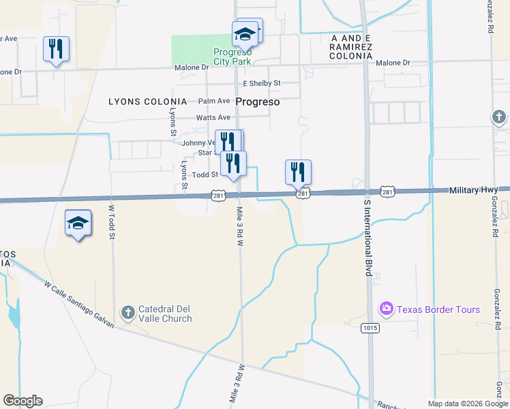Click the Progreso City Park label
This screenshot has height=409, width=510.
(232, 57)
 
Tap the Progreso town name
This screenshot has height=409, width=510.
(258, 102)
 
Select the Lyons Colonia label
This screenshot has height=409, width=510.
(147, 102)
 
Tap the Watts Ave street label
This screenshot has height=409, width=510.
(213, 117)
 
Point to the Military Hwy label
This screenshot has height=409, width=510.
(472, 191)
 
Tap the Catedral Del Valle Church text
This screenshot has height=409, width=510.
(165, 314)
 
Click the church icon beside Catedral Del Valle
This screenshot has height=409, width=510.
(127, 313)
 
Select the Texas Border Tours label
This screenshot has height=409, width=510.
(438, 309)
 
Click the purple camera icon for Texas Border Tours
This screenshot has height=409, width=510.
(387, 309)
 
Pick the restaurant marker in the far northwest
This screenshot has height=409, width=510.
(56, 48)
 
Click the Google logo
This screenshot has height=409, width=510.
(23, 401)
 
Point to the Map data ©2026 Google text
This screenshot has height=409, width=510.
(468, 404)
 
